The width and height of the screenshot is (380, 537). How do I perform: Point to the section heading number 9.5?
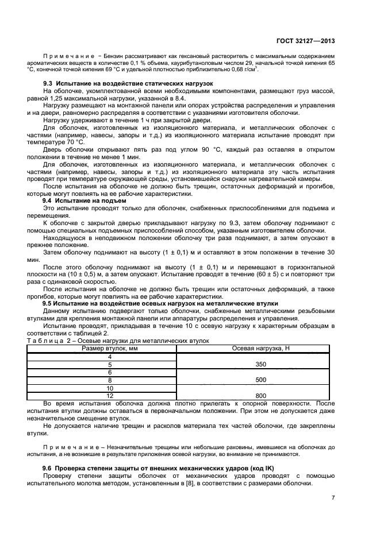click(48, 303)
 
